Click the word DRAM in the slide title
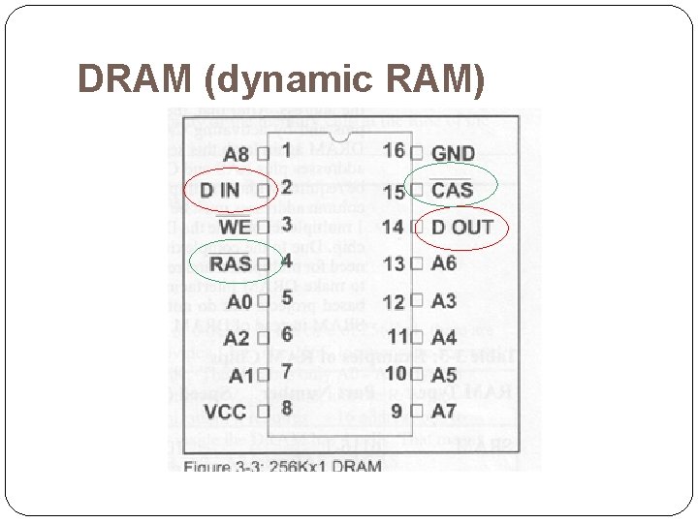pyautogui.click(x=135, y=80)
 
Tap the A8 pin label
pyautogui.click(x=236, y=154)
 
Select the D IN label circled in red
pyautogui.click(x=220, y=190)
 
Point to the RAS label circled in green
pyautogui.click(x=230, y=263)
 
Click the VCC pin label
pyautogui.click(x=225, y=412)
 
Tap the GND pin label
pyautogui.click(x=453, y=153)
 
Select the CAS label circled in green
pyautogui.click(x=452, y=190)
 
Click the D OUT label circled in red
pyautogui.click(x=461, y=228)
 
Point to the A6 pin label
pyautogui.click(x=443, y=263)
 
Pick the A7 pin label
pyautogui.click(x=443, y=412)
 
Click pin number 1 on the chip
pyautogui.click(x=286, y=150)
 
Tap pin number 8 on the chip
pyautogui.click(x=286, y=409)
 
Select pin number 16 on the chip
pyautogui.click(x=395, y=150)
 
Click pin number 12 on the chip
pyautogui.click(x=393, y=302)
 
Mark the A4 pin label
pyautogui.click(x=443, y=338)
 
